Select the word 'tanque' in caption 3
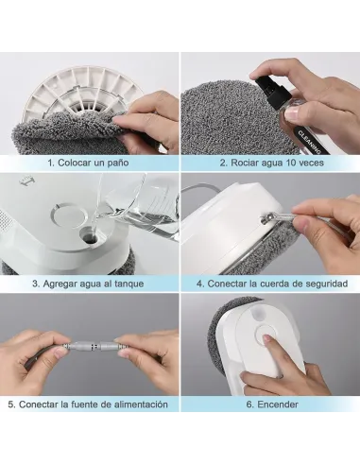(x=129, y=284)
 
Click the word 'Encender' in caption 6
(x=278, y=405)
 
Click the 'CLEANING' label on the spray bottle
(x=309, y=143)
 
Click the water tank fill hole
(x=90, y=237)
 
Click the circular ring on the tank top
(x=69, y=215)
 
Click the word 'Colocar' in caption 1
(x=75, y=163)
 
